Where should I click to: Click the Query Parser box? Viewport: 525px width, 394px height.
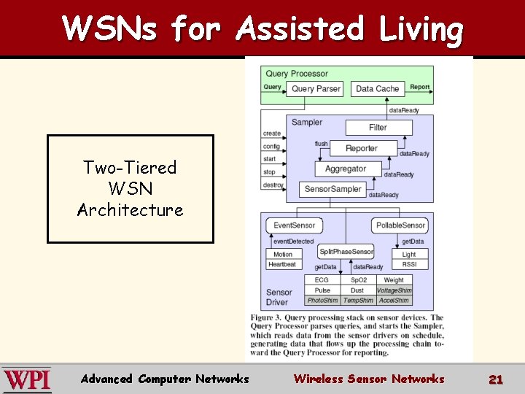316,88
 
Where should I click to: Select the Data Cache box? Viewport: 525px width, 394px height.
377,88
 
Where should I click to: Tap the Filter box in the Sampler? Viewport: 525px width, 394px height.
378,127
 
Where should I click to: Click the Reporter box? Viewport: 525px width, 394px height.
362,148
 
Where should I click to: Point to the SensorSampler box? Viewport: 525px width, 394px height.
332,189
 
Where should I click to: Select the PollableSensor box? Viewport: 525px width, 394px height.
400,225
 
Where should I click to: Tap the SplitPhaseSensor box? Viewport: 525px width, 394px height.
346,252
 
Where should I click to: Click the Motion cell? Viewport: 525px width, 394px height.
283,255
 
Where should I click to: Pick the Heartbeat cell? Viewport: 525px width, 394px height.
283,264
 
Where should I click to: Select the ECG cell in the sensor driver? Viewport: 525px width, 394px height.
322,280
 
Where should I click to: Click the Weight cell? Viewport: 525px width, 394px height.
394,280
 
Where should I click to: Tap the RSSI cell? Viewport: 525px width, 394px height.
410,264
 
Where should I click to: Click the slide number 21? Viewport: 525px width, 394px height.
496,379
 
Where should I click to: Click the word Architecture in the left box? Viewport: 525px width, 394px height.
131,210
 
